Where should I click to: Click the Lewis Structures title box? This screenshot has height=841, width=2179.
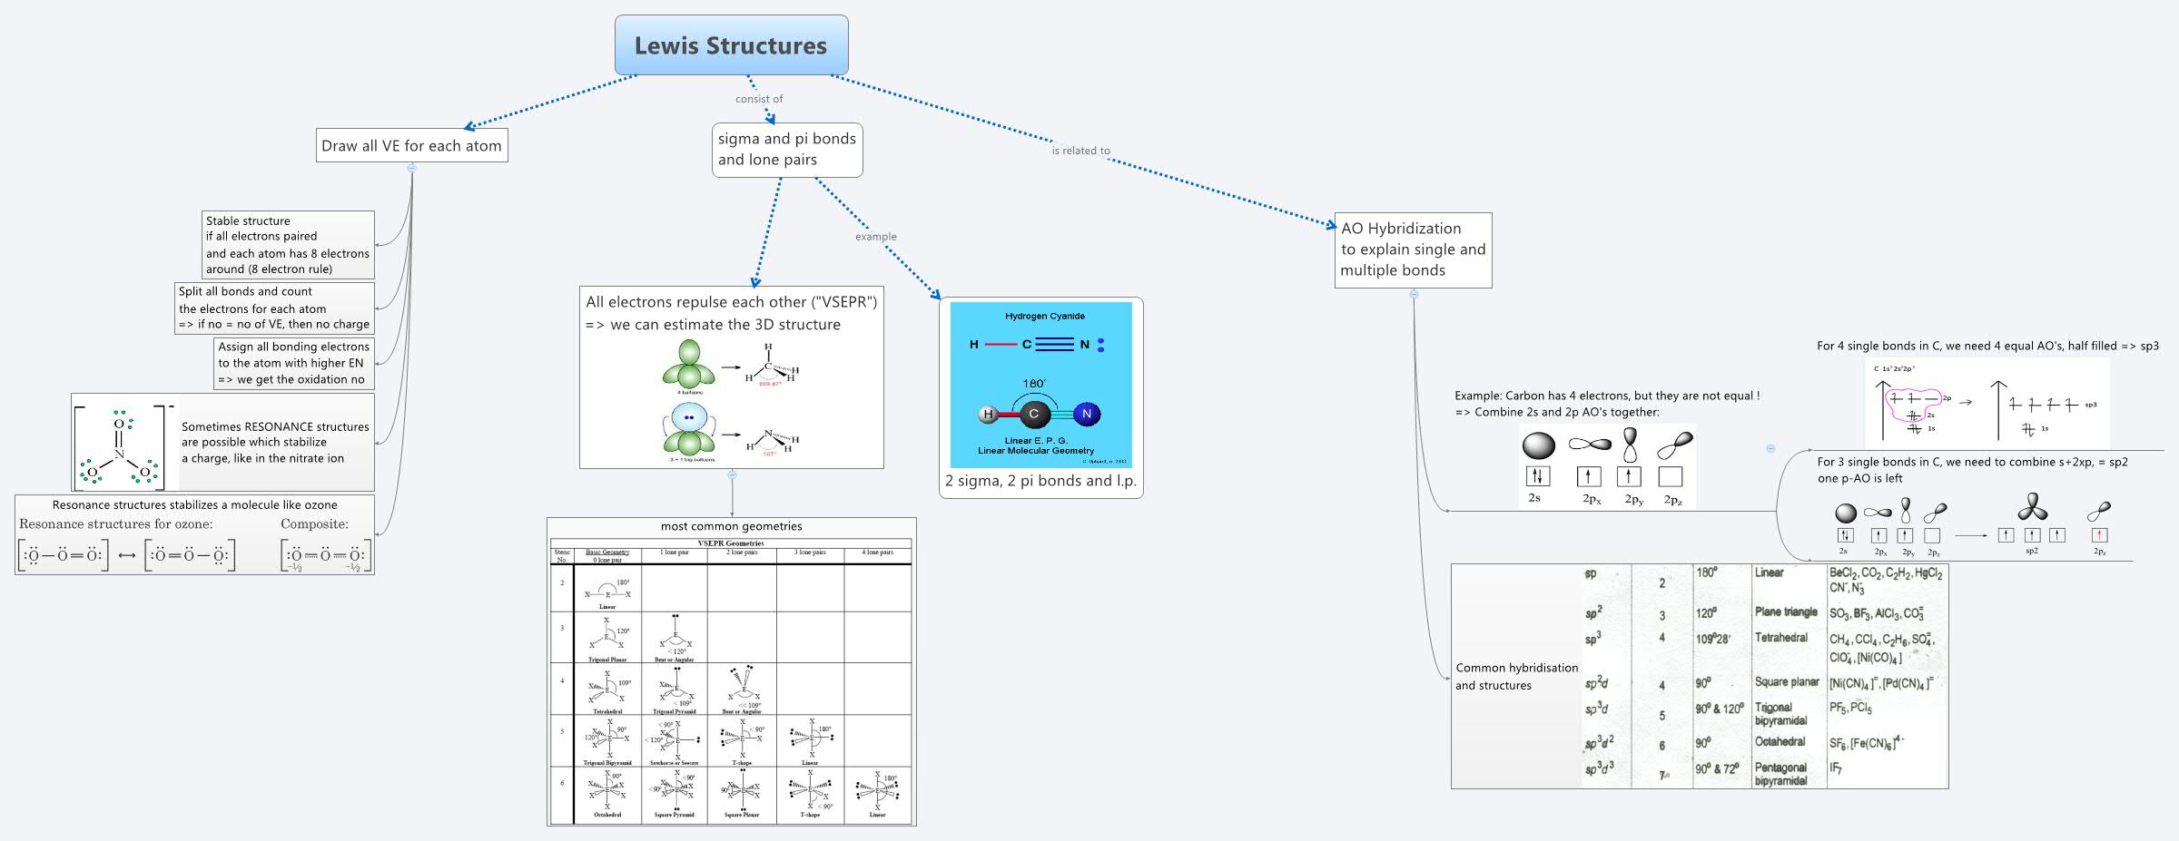tap(731, 45)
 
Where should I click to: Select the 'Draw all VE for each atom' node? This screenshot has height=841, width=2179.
tap(411, 146)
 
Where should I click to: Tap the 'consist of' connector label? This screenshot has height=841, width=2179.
tap(759, 99)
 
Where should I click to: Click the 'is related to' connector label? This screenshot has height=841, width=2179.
tap(1080, 151)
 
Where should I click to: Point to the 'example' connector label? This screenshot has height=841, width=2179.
tap(875, 237)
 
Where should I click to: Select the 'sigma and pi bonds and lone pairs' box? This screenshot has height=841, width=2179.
tap(786, 150)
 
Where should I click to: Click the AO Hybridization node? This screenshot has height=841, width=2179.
tap(1413, 249)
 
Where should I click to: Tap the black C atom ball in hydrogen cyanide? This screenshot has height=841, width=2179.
tap(1033, 415)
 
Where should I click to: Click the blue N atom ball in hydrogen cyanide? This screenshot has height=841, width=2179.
tap(1087, 415)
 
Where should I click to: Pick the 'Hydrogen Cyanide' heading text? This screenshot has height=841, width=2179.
tap(1044, 316)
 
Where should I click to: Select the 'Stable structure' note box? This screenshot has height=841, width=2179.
tap(287, 245)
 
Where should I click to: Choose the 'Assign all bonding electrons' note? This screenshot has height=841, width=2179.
tap(293, 363)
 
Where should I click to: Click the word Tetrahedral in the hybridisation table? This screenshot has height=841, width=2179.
tap(1780, 638)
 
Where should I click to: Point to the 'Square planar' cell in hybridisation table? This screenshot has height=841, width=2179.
tap(1786, 682)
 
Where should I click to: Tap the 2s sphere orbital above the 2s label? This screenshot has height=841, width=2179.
tap(1538, 445)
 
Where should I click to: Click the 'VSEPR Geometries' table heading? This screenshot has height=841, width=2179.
tap(730, 543)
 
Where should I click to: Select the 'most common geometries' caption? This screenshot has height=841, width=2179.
tap(731, 526)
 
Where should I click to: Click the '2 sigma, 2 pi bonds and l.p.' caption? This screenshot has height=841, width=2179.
tap(1040, 481)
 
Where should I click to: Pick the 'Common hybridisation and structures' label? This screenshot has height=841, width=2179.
tap(1516, 677)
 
